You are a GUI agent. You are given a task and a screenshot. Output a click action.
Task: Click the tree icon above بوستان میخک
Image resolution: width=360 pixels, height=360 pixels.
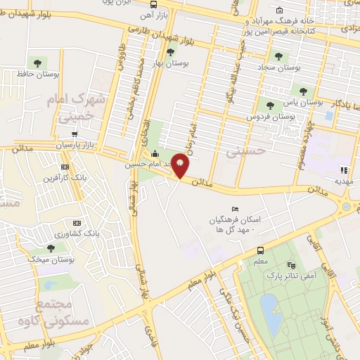click(x=51, y=247)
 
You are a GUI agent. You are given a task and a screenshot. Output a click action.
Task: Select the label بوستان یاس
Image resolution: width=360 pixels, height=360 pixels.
click(x=303, y=101)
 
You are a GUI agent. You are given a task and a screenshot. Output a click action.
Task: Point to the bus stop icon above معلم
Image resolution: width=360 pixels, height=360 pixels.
click(x=261, y=250)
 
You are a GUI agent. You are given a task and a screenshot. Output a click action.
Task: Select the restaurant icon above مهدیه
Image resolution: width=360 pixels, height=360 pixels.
click(x=344, y=170)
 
